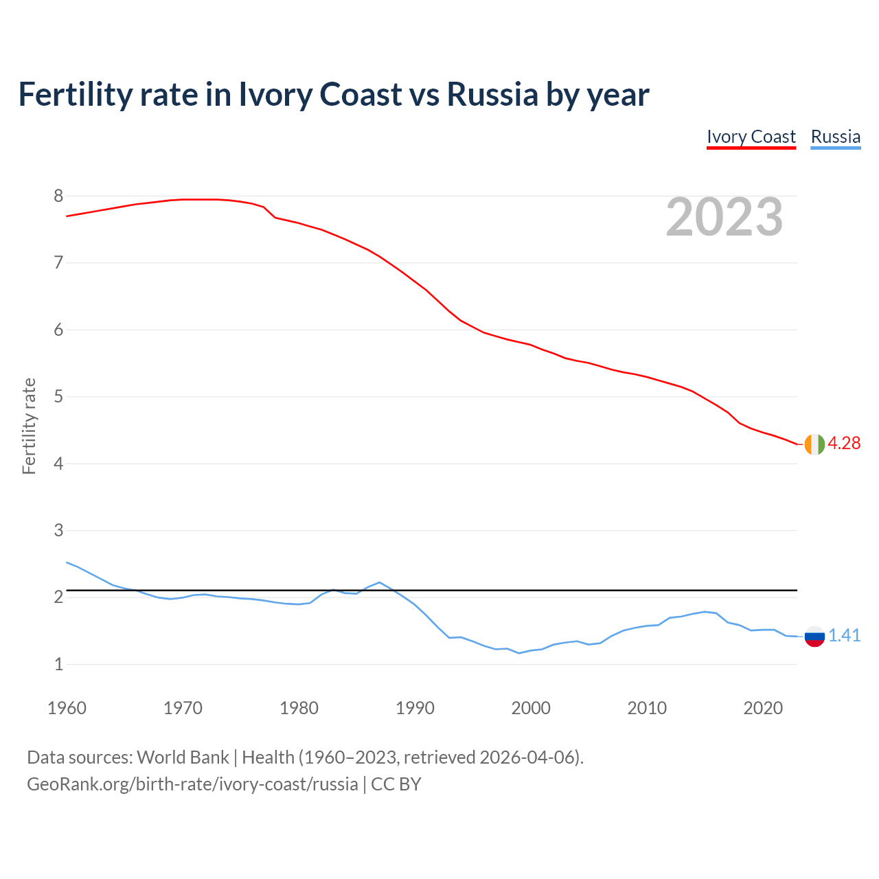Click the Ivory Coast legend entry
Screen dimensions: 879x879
pyautogui.click(x=751, y=137)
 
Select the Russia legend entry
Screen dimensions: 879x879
pyautogui.click(x=835, y=137)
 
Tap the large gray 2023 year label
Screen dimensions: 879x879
pyautogui.click(x=724, y=217)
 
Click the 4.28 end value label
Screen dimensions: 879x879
pyautogui.click(x=844, y=444)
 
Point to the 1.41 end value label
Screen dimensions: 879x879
pyautogui.click(x=844, y=636)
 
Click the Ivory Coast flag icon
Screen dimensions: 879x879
pyautogui.click(x=814, y=444)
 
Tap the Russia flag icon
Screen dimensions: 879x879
pyautogui.click(x=814, y=637)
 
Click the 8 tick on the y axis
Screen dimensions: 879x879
pyautogui.click(x=58, y=196)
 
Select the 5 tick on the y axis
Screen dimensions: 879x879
pyautogui.click(x=58, y=397)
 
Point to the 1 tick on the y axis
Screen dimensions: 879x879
pyautogui.click(x=58, y=665)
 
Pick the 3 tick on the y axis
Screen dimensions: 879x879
pyautogui.click(x=58, y=531)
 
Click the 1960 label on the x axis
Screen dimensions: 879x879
pyautogui.click(x=67, y=708)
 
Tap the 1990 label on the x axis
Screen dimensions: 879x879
pyautogui.click(x=415, y=708)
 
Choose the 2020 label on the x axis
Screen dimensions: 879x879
pyautogui.click(x=763, y=708)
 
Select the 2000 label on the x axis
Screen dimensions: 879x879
pyautogui.click(x=531, y=708)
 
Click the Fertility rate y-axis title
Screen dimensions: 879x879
pyautogui.click(x=29, y=426)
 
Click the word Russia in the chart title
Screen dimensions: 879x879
pyautogui.click(x=492, y=94)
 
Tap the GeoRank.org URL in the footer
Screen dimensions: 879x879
pyautogui.click(x=192, y=784)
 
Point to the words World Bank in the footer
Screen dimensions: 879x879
pyautogui.click(x=183, y=757)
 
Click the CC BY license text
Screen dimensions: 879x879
pyautogui.click(x=396, y=784)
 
